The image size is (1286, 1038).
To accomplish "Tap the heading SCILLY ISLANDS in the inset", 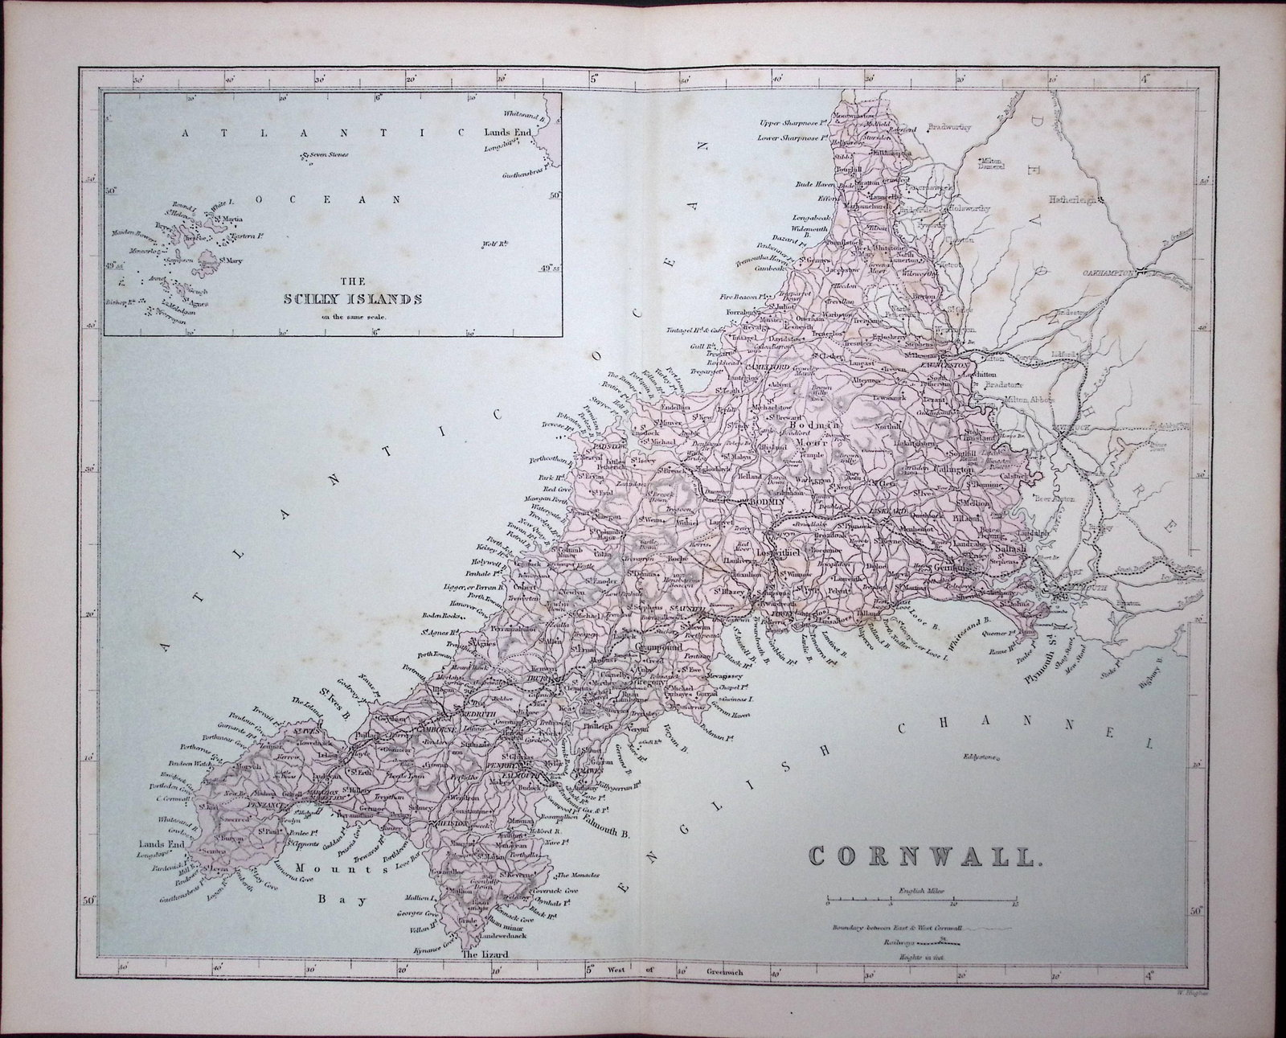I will pos(354,299).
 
